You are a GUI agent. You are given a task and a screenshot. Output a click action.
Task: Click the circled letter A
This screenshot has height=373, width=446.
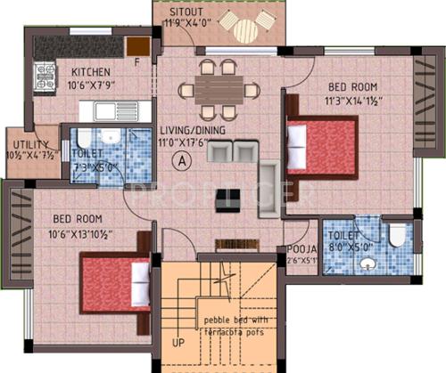point(182,161)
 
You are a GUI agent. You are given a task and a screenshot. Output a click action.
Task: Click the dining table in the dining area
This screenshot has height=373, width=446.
point(219,88)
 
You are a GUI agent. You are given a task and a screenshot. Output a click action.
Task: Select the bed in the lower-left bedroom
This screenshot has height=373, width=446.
point(115,286)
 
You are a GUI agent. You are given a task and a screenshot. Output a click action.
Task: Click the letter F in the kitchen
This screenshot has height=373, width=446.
point(137,61)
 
